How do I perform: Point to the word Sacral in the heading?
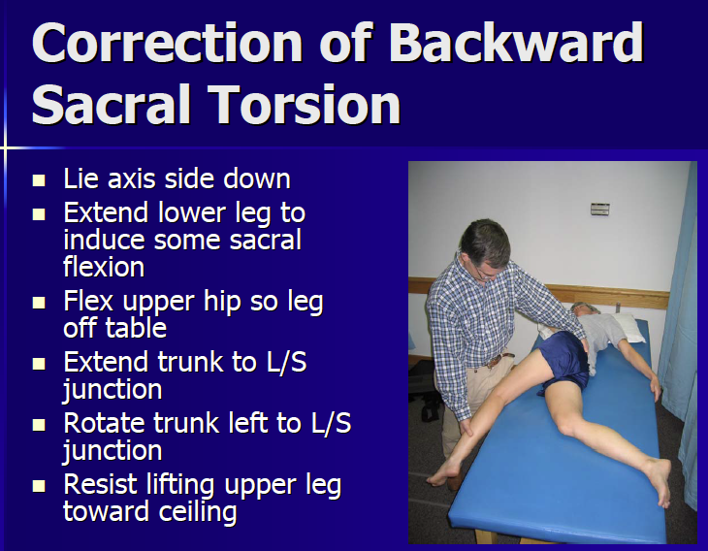point(109,104)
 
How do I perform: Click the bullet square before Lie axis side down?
point(39,180)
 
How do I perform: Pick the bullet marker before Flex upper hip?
point(39,304)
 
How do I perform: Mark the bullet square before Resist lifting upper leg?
point(39,486)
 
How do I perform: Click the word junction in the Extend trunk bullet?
point(112,389)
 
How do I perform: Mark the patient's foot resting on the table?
point(660,480)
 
